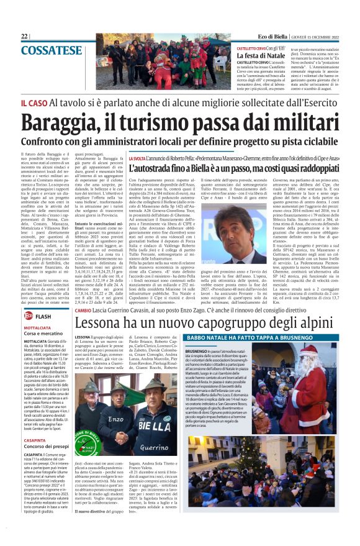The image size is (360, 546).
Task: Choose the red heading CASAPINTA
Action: (34, 445)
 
